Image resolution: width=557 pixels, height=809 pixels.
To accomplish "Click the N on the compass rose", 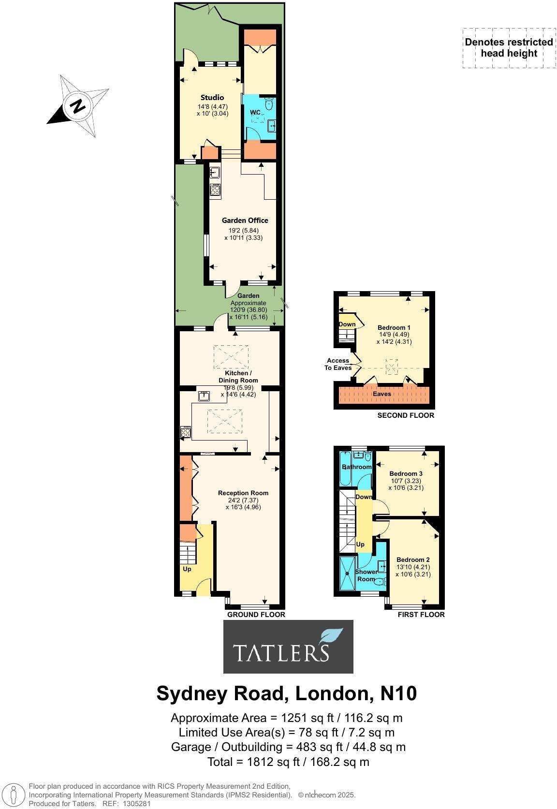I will [77, 105].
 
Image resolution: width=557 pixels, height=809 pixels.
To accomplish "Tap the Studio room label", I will [212, 97].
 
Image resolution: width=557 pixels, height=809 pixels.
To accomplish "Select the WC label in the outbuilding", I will [255, 113].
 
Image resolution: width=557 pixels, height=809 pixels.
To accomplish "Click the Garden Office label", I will [245, 220].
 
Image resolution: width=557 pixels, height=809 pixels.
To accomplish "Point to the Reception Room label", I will [243, 493].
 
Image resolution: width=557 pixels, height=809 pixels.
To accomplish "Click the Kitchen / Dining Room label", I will [238, 377].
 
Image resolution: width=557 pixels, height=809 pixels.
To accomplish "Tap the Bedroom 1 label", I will [394, 327].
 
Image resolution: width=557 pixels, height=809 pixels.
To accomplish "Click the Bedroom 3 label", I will [406, 473].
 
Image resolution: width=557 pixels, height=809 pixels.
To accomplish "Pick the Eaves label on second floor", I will [381, 394].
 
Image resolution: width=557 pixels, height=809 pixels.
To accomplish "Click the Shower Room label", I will [366, 575].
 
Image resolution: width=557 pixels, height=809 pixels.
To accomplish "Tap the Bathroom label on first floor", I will [357, 467].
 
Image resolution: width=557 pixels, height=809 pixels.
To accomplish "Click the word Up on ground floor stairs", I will [187, 569].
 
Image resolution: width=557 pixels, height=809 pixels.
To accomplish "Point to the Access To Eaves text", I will [337, 364].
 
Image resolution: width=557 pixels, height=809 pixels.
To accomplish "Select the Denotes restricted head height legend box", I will [509, 47].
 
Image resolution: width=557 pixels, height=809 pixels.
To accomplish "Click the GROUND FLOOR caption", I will [256, 615].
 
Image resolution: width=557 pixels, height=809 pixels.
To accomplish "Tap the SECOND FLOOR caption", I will [406, 415].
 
